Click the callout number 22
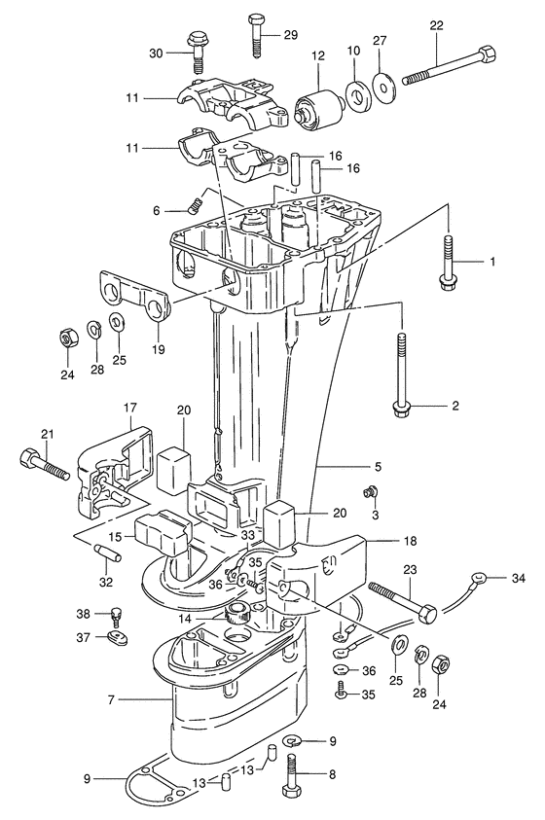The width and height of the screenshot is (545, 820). [436, 25]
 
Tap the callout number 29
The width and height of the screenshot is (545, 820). [290, 35]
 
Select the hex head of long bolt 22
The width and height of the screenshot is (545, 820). [487, 53]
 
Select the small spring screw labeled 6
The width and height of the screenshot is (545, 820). [194, 205]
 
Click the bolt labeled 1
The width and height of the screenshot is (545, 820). [448, 261]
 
